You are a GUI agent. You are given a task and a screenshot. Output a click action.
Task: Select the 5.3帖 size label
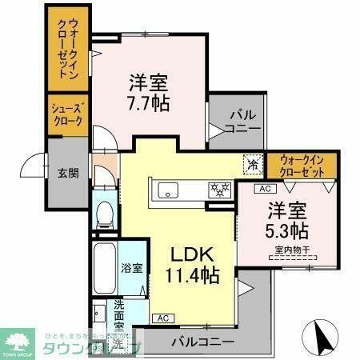(x=286, y=231)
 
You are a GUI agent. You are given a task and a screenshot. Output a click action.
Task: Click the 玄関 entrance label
(x=67, y=172)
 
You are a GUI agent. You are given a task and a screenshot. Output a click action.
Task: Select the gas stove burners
(x=218, y=190)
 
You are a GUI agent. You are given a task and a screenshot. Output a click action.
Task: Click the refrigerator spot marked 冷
(x=253, y=162)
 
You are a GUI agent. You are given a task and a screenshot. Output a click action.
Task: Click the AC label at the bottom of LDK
(x=162, y=318)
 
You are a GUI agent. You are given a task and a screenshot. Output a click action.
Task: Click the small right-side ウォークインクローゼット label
(x=302, y=166)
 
